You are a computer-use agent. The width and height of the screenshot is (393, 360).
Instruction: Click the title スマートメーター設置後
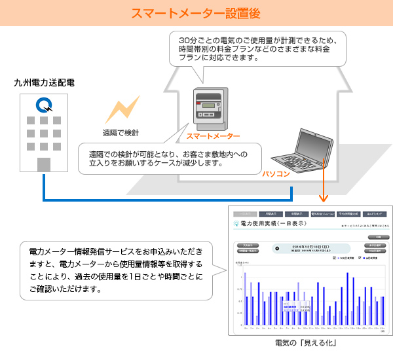[x=196, y=12]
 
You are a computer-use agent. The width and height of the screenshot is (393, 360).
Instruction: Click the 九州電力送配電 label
[x=44, y=83]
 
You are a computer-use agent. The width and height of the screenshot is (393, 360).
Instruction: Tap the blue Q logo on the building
[x=45, y=105]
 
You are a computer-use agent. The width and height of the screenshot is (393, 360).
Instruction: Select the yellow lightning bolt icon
[x=127, y=107]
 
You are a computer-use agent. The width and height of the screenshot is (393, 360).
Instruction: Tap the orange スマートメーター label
[x=214, y=137]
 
